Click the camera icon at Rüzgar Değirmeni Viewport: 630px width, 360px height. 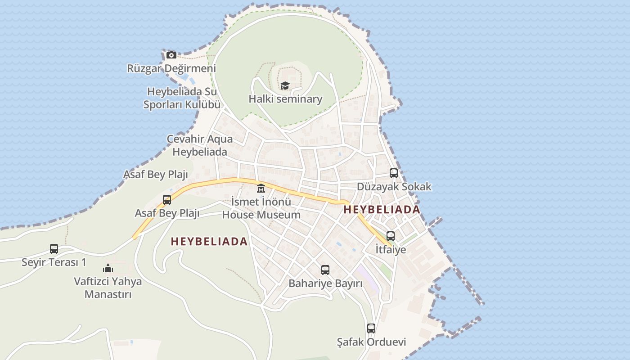tap(171, 55)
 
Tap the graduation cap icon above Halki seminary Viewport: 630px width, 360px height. tap(285, 85)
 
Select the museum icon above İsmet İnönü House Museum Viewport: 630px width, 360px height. tap(261, 188)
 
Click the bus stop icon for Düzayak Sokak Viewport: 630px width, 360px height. tap(394, 173)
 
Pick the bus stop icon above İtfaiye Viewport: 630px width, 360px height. tap(391, 236)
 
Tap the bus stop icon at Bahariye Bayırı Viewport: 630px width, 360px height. tap(325, 270)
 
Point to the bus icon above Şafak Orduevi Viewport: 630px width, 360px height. tap(371, 328)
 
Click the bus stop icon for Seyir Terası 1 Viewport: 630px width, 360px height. tap(54, 248)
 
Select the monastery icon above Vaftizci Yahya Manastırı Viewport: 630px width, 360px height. tap(108, 268)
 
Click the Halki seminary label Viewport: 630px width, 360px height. tap(285, 99)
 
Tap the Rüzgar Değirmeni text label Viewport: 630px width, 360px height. tap(171, 68)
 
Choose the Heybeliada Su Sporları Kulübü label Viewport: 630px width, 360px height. tap(182, 98)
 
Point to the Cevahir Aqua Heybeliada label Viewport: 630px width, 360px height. tap(200, 145)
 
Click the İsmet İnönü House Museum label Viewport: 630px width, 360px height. tap(261, 208)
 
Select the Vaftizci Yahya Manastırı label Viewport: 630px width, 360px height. tap(108, 288)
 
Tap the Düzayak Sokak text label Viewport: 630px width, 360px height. tap(394, 186)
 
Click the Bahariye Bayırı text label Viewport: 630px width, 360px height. tap(325, 283)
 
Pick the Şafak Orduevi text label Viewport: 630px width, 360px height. tap(371, 342)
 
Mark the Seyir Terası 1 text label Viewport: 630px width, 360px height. tap(54, 262)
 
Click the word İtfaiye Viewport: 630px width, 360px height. tap(391, 249)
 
